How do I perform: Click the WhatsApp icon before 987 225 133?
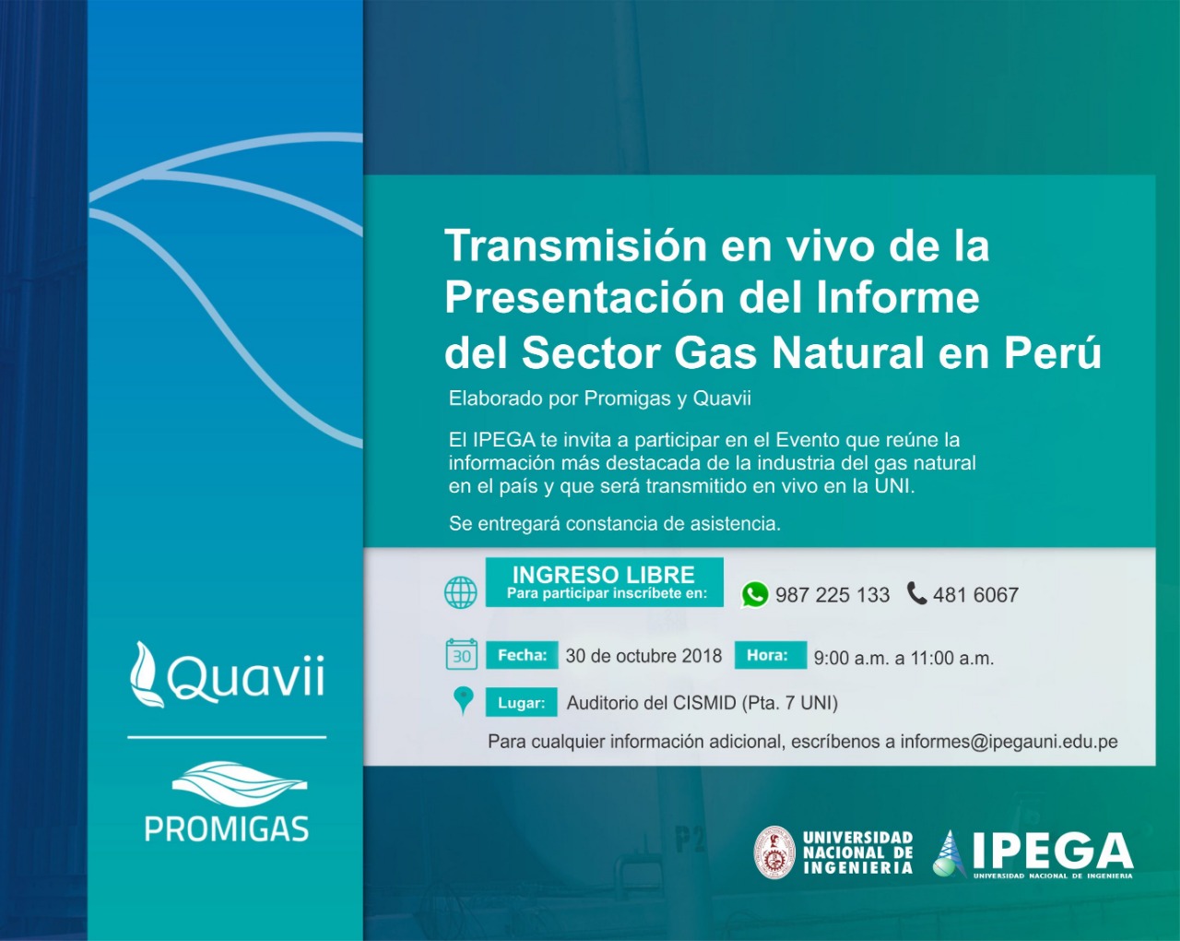pos(754,594)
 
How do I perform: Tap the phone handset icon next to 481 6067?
pos(916,593)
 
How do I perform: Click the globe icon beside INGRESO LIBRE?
pos(461,592)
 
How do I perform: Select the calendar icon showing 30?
pos(461,654)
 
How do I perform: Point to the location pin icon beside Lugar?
pos(464,700)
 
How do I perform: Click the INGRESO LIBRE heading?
pos(604,575)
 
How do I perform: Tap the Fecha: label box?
pos(522,655)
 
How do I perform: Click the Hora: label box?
pos(769,655)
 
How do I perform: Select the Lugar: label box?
pos(521,702)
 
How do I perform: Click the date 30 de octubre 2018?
pos(643,656)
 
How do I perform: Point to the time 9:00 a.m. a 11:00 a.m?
pos(903,658)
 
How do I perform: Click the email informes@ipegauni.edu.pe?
pos(1009,742)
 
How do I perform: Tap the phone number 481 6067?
pos(975,595)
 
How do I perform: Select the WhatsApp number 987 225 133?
pos(832,595)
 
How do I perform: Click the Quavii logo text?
pos(245,678)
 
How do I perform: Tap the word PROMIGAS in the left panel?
pos(227,828)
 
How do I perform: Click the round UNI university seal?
pos(774,852)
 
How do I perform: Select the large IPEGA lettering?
pos(1052,851)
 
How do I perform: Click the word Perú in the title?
pos(1053,352)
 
